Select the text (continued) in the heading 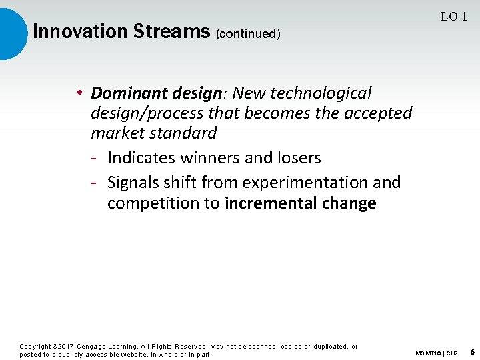tap(248, 33)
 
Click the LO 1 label tap(453, 17)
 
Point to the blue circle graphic tap(12, 33)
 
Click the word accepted tap(378, 113)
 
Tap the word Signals tap(135, 183)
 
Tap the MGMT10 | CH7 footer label tap(436, 353)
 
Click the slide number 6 tap(472, 352)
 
